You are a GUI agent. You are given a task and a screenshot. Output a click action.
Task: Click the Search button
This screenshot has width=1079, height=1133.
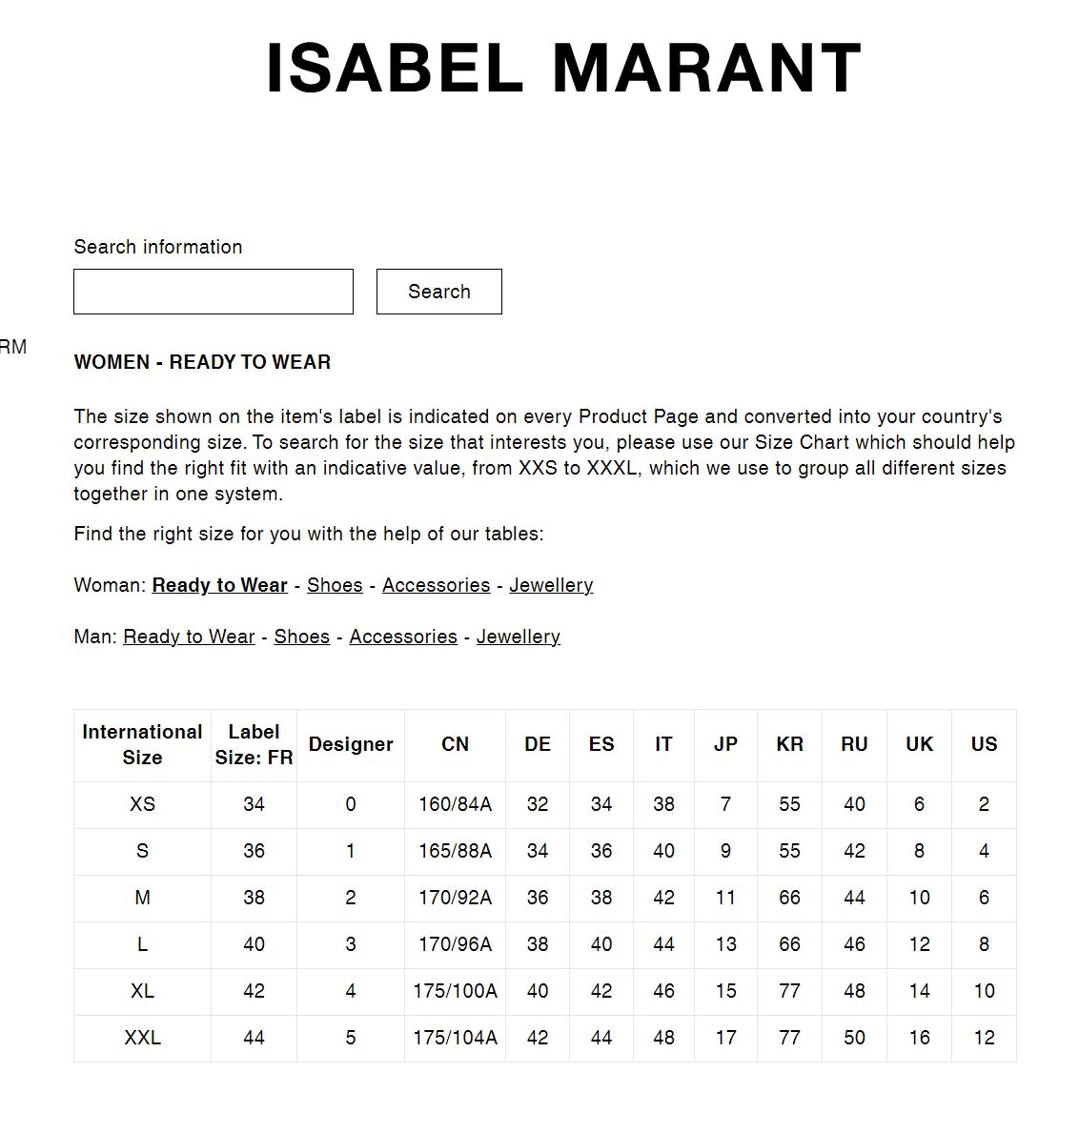(438, 292)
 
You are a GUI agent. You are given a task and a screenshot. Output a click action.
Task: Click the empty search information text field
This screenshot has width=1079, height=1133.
(213, 292)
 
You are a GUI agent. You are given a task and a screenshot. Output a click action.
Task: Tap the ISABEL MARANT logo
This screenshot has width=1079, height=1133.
(563, 69)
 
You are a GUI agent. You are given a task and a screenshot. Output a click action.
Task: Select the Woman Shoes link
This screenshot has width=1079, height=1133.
(335, 585)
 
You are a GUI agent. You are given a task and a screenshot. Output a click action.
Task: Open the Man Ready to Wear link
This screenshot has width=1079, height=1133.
(189, 637)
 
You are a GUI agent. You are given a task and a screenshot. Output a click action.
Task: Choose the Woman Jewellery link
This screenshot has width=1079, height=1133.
(551, 585)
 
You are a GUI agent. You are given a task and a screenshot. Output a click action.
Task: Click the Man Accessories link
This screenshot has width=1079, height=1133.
(403, 637)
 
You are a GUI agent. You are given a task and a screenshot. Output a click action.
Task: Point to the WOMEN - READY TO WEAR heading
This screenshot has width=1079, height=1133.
(202, 362)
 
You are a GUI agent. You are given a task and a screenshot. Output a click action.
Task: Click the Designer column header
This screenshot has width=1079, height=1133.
(351, 744)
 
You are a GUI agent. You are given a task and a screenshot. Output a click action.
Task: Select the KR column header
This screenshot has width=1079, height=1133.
(789, 744)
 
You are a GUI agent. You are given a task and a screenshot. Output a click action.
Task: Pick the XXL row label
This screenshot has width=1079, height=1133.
(142, 1038)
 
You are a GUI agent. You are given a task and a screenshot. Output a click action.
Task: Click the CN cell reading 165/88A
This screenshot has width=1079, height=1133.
(455, 851)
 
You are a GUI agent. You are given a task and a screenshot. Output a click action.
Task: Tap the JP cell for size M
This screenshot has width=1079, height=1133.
(725, 898)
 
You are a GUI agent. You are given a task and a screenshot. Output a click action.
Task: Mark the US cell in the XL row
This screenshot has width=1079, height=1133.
(984, 991)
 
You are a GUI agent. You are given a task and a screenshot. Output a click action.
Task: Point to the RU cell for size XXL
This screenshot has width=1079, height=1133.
(854, 1038)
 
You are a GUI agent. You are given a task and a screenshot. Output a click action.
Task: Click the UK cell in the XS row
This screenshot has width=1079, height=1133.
(919, 804)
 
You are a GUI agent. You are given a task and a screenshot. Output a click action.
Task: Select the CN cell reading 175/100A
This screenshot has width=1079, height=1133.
(455, 991)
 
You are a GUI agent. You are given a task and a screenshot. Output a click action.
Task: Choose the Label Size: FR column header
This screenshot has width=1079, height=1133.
(254, 744)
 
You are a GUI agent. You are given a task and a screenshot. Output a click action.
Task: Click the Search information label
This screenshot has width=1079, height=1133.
(158, 247)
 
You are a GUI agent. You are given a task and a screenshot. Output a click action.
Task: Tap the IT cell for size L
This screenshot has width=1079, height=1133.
(663, 944)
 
